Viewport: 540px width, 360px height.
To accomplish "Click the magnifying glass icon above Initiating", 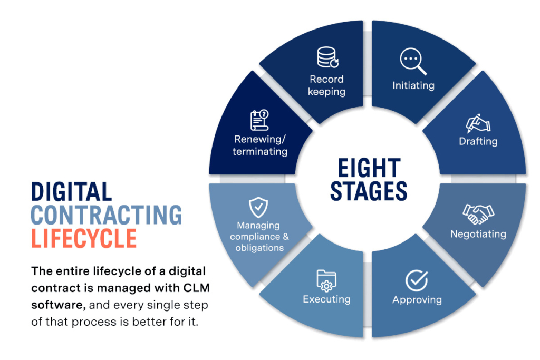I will [x=413, y=62].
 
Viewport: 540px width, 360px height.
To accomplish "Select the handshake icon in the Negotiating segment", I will [x=478, y=213].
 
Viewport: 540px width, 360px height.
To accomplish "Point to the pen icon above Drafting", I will [x=478, y=123].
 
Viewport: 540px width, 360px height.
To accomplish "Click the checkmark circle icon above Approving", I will [x=417, y=280].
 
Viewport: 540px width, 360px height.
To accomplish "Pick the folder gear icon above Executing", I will [x=326, y=280].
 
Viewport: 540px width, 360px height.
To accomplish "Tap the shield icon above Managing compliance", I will [x=257, y=208].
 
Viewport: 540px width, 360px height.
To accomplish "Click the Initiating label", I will [x=413, y=85].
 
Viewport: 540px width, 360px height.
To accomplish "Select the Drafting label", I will [x=478, y=141].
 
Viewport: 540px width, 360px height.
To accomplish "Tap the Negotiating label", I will [x=478, y=234].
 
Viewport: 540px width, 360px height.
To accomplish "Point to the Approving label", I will [x=417, y=300].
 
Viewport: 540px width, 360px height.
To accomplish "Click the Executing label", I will [x=326, y=299].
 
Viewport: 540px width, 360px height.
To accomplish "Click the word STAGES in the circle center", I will [x=369, y=191].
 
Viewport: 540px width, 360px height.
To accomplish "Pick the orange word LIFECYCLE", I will [x=84, y=238].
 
